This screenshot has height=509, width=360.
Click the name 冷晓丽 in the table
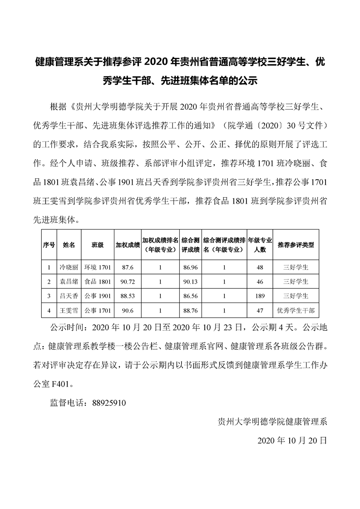tap(69, 267)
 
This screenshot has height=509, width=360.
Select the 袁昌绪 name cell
tap(69, 282)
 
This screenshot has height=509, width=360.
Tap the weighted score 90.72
tap(127, 282)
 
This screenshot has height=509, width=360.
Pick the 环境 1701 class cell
tap(98, 267)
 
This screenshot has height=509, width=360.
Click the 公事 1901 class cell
tap(98, 296)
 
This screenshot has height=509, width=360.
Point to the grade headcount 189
tap(260, 296)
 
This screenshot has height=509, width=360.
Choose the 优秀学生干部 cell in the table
tap(296, 311)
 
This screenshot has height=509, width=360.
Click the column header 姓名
tap(69, 245)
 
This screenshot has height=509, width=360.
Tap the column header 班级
tap(98, 245)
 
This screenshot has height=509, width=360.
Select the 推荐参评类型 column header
tap(296, 245)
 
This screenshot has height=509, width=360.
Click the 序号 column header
tap(49, 245)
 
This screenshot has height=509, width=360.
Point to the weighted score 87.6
tap(127, 267)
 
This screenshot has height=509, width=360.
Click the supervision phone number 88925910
tap(108, 402)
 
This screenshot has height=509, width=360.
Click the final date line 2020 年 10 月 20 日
tap(292, 440)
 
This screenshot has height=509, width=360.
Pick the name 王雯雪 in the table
tap(69, 311)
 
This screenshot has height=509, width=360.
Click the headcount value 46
tap(260, 282)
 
